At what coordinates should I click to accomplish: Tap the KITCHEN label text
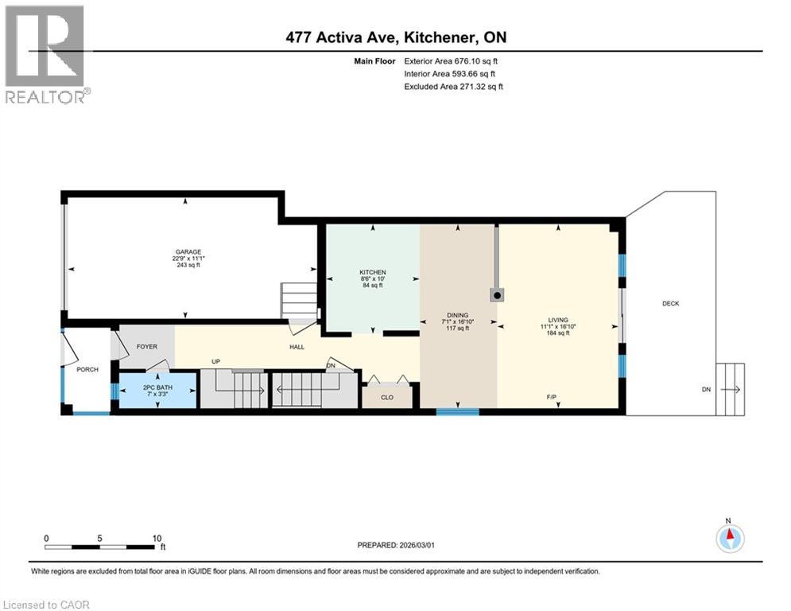click(372, 272)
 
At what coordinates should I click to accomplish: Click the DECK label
click(670, 303)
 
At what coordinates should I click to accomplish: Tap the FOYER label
click(146, 347)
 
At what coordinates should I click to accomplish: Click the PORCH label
click(87, 370)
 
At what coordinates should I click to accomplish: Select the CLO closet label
click(387, 397)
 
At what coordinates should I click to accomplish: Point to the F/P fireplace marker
click(551, 396)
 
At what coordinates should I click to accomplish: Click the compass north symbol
click(729, 539)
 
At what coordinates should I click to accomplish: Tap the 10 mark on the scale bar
click(157, 538)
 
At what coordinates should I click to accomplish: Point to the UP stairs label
click(215, 362)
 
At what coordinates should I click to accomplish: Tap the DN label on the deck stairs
click(706, 390)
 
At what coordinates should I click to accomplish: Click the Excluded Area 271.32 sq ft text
click(454, 86)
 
